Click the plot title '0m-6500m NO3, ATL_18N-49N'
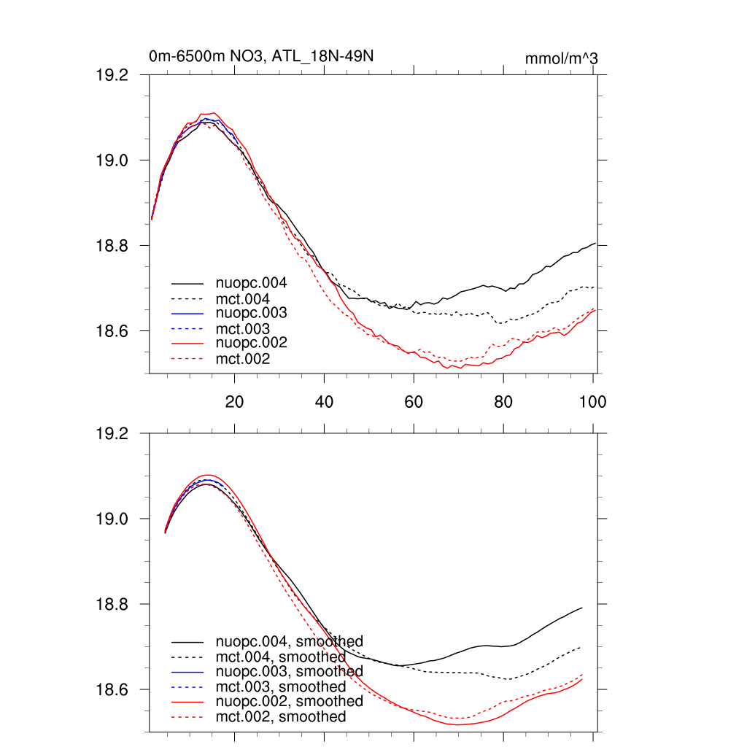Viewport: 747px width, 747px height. pos(262,56)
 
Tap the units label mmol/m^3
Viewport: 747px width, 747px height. pos(561,58)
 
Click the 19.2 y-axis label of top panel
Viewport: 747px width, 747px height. pos(113,75)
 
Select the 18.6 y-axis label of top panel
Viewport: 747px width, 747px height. pos(113,331)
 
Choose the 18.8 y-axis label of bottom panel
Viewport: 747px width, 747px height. pos(113,604)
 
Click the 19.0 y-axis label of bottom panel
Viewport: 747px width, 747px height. pos(113,519)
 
